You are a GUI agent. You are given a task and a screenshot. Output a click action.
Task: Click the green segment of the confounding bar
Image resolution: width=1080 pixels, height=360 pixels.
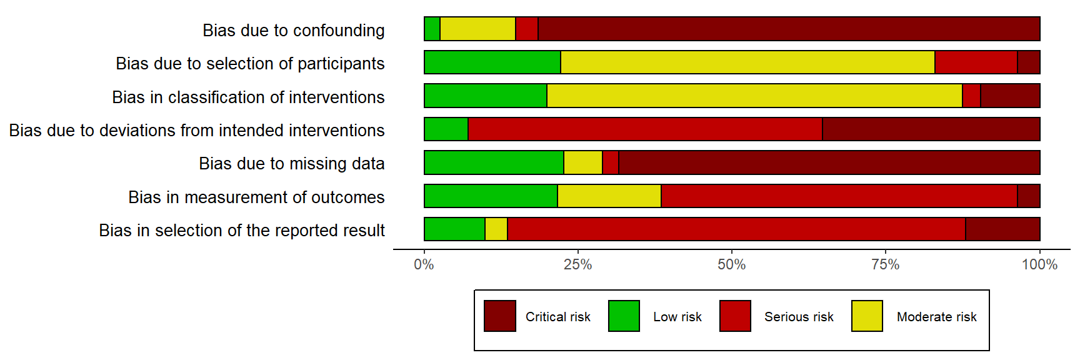432,29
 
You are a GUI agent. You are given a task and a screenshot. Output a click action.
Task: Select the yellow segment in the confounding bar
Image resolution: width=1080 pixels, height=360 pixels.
477,29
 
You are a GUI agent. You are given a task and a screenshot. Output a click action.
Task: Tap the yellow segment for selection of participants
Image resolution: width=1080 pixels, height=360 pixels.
747,62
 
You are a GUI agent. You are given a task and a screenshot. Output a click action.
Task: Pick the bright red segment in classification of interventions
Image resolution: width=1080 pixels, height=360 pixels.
971,96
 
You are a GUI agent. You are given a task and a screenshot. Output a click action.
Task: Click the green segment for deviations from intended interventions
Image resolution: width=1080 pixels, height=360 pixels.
446,129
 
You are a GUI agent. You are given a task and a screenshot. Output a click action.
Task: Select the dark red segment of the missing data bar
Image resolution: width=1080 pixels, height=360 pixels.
829,162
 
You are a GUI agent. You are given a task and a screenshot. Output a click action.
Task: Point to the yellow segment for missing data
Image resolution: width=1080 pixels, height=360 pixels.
582,162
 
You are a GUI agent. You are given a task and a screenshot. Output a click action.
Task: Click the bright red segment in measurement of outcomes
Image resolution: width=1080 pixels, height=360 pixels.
839,196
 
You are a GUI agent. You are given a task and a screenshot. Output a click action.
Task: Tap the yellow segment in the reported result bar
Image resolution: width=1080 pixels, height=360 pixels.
496,229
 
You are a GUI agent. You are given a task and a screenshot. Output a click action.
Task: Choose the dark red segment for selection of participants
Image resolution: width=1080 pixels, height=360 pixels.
1029,62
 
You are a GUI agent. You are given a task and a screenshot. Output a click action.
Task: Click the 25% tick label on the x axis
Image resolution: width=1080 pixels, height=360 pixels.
577,265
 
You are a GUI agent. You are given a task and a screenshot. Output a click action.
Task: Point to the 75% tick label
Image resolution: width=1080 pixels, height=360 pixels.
886,265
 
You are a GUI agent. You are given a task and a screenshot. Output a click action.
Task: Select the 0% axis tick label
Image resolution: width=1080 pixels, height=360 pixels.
424,265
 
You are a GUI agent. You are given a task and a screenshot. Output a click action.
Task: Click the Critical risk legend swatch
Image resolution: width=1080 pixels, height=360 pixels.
500,316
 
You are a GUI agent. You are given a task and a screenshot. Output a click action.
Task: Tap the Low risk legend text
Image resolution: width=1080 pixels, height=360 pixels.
677,317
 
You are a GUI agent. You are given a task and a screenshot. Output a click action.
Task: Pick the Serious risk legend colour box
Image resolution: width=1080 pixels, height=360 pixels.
735,316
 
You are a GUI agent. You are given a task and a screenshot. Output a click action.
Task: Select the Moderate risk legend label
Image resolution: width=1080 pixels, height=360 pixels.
936,317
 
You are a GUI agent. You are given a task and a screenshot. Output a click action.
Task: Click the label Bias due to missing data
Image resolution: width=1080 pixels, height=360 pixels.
291,164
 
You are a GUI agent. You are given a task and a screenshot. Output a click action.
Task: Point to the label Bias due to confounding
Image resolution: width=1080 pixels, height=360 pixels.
293,30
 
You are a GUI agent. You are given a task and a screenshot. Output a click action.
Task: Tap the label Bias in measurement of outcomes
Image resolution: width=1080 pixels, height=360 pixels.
256,197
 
